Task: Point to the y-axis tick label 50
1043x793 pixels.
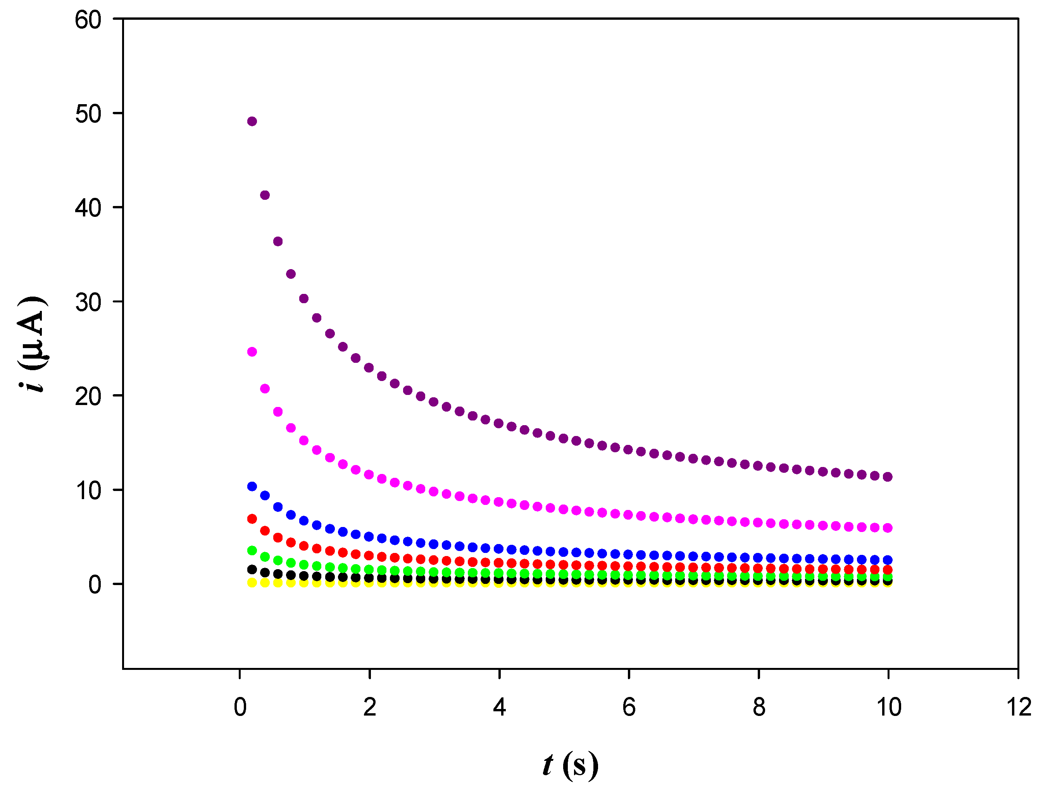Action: (88, 114)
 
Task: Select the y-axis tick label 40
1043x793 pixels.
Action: (88, 208)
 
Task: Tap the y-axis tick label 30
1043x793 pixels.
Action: (88, 302)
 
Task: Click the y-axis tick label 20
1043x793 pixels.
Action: (88, 396)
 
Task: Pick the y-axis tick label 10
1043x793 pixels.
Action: (88, 491)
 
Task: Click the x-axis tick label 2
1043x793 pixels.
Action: (369, 707)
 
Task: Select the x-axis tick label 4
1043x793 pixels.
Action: (499, 707)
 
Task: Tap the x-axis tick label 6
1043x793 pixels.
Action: (629, 707)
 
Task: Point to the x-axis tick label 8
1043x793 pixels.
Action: (759, 707)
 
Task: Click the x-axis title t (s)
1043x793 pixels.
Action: (570, 765)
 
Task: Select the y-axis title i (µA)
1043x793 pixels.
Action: (32, 344)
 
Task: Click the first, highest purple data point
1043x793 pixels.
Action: (252, 121)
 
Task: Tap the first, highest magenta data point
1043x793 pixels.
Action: (252, 352)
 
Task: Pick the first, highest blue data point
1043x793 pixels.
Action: (252, 486)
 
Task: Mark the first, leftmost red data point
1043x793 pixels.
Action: (252, 519)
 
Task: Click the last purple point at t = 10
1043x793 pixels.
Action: (888, 477)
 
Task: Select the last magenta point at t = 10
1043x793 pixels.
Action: (888, 528)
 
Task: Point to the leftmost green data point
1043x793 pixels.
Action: (252, 550)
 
